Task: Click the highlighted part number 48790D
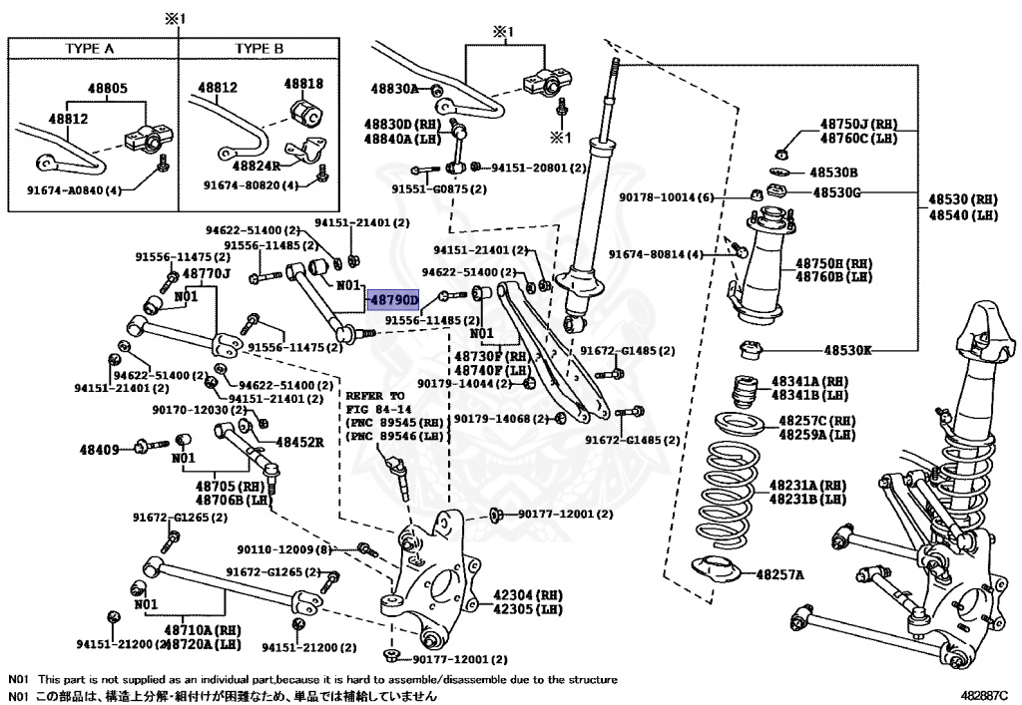393,298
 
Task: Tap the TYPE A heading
90,48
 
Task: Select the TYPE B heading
259,48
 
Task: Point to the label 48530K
847,351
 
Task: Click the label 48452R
300,442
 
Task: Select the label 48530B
833,172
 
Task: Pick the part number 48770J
207,273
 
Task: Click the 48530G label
835,192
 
